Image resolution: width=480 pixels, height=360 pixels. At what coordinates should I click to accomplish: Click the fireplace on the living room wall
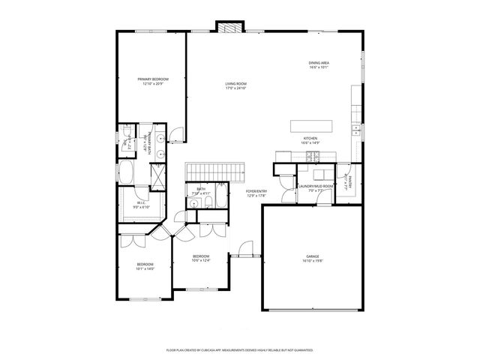tap(230, 25)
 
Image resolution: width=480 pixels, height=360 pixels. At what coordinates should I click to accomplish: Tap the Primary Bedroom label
tap(152, 79)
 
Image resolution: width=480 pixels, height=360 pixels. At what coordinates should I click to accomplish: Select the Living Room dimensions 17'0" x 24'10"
tap(236, 88)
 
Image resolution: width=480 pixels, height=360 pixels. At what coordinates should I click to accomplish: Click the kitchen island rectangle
tap(310, 124)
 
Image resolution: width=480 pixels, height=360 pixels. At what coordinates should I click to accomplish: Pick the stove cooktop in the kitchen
tap(313, 155)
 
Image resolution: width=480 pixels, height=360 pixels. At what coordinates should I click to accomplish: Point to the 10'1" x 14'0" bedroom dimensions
tap(145, 268)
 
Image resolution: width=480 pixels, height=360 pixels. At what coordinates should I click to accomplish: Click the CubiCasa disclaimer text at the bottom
tap(239, 349)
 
